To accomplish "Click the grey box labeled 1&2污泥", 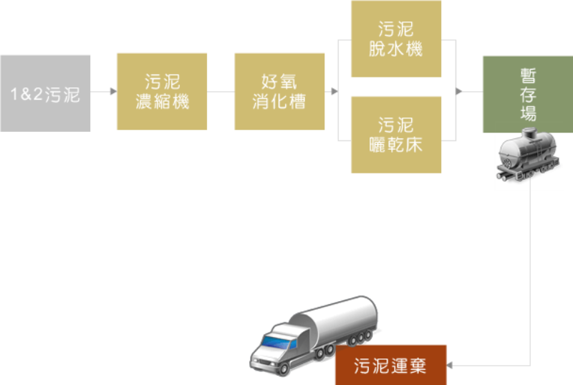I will (45, 92).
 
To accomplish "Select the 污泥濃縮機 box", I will (162, 92).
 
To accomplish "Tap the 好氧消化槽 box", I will (279, 92).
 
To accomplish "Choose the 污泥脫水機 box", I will (396, 39).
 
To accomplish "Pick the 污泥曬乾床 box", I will (396, 135).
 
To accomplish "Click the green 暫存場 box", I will (527, 95).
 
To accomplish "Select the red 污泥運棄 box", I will (390, 365).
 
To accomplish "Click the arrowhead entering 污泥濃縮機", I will (112, 92).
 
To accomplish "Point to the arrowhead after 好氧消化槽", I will (334, 92).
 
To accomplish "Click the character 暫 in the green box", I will (528, 77).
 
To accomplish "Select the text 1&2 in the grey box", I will (25, 93).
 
